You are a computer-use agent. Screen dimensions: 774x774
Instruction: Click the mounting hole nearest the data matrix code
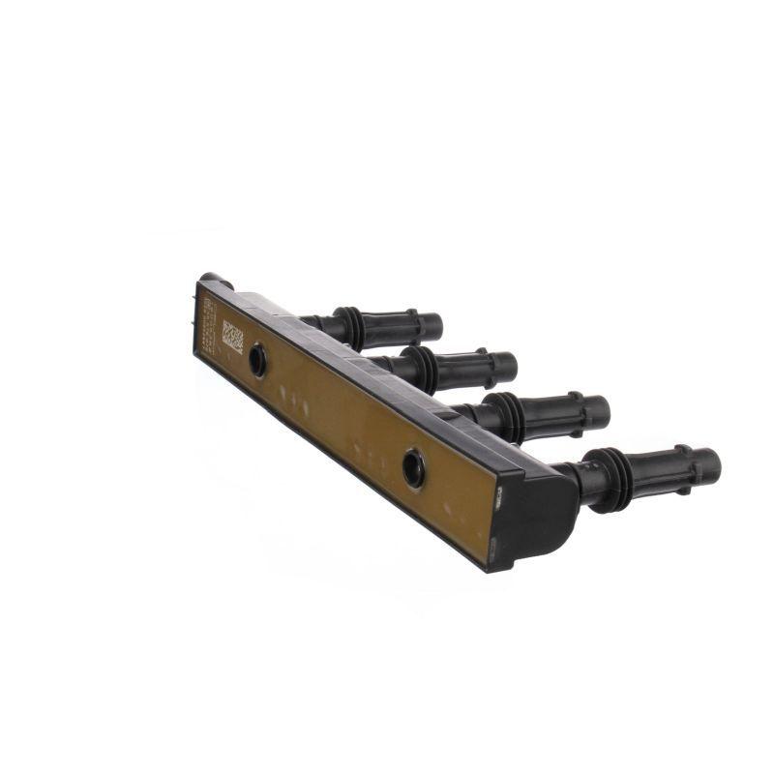[257, 360]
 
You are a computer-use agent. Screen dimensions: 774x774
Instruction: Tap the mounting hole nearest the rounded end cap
[414, 468]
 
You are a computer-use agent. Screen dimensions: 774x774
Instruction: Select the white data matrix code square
[232, 335]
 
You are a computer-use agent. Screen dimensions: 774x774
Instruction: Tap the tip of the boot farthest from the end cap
[434, 327]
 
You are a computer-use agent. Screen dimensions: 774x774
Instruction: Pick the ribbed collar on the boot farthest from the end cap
[350, 328]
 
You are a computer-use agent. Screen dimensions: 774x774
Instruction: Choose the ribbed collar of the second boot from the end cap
[509, 416]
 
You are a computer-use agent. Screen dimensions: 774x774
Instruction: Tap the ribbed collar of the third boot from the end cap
[422, 369]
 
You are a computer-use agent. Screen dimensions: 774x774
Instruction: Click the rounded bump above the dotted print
[215, 280]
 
